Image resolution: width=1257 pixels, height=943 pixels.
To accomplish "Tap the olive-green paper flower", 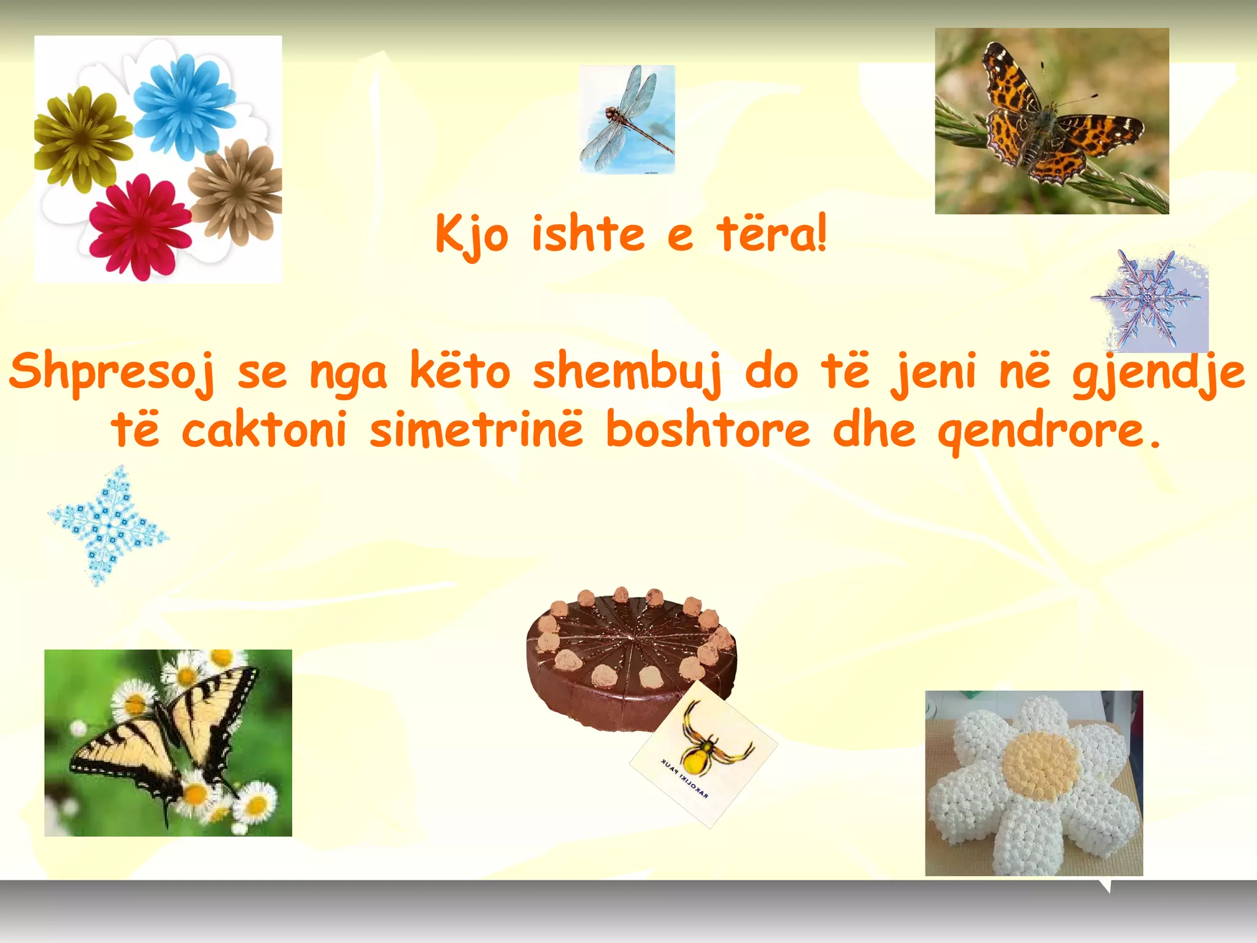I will click(x=82, y=138).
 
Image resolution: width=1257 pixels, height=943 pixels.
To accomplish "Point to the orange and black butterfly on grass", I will click(x=1050, y=120).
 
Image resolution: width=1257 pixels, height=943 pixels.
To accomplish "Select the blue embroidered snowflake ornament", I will click(x=109, y=526).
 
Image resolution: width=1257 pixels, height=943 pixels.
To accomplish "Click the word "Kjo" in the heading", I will click(x=471, y=235).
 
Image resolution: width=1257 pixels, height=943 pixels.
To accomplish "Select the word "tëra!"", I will click(x=772, y=234).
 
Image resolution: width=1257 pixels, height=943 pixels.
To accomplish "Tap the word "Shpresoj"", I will click(x=113, y=372).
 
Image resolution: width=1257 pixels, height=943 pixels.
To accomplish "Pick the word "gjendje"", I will click(x=1158, y=372).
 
